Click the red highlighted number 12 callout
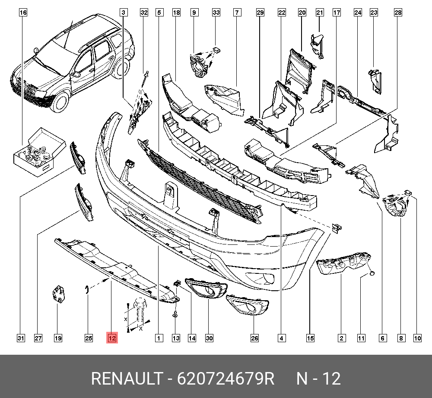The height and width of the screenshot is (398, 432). [112, 338]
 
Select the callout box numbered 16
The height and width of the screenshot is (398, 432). [23, 13]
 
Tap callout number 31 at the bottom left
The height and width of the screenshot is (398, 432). [20, 338]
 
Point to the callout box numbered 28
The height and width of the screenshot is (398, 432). [397, 13]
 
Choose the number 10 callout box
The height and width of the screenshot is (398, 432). [417, 338]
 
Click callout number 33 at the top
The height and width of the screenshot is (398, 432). [216, 13]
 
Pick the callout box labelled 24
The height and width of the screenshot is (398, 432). [358, 13]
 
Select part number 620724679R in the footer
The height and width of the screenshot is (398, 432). [226, 379]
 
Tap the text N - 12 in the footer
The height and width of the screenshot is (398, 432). [318, 379]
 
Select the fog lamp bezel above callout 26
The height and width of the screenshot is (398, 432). [247, 304]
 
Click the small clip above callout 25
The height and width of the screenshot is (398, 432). [87, 289]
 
